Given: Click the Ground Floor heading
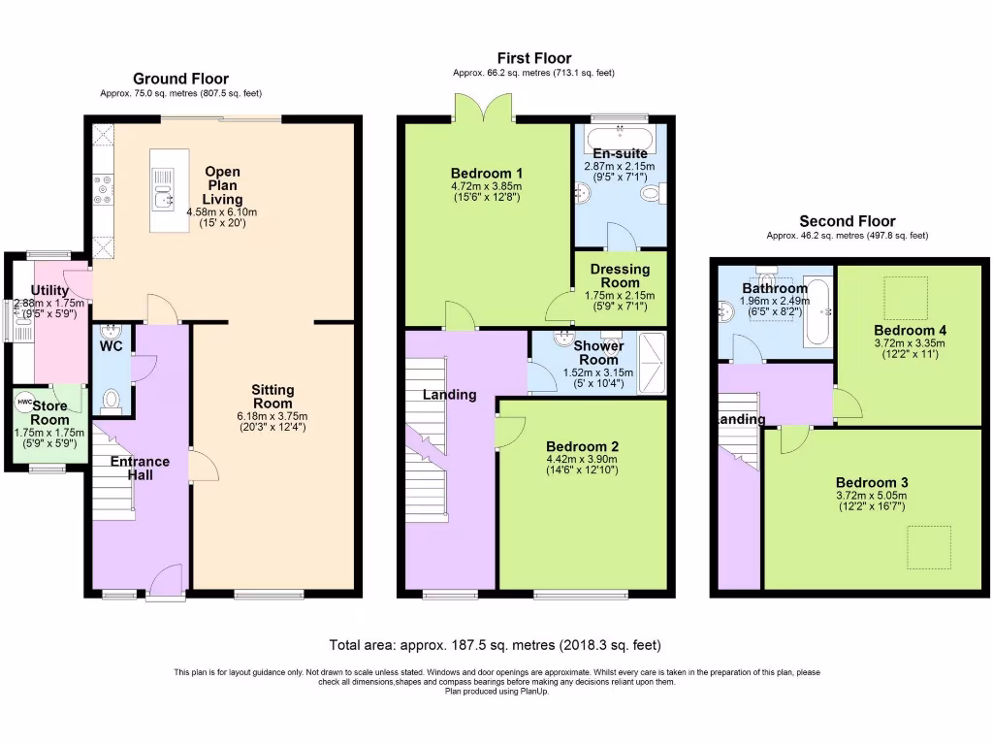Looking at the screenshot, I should coord(180,79).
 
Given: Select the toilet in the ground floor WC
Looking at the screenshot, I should coord(111,399).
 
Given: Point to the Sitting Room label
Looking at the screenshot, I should coord(272,397).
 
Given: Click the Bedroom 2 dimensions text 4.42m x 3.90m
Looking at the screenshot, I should coord(582,459).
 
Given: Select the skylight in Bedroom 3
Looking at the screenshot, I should coord(928,548).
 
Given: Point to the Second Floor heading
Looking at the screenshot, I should coord(847,221).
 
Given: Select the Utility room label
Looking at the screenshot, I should coord(48,290).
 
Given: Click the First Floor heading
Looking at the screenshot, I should coord(534,58).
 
